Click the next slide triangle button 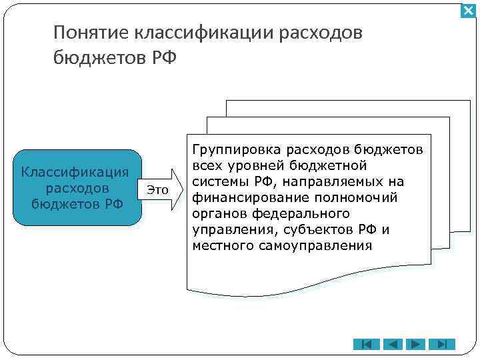(415, 344)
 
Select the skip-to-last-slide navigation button (440, 344)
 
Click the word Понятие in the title (91, 33)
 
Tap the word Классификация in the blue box (74, 172)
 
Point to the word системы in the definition (217, 181)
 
